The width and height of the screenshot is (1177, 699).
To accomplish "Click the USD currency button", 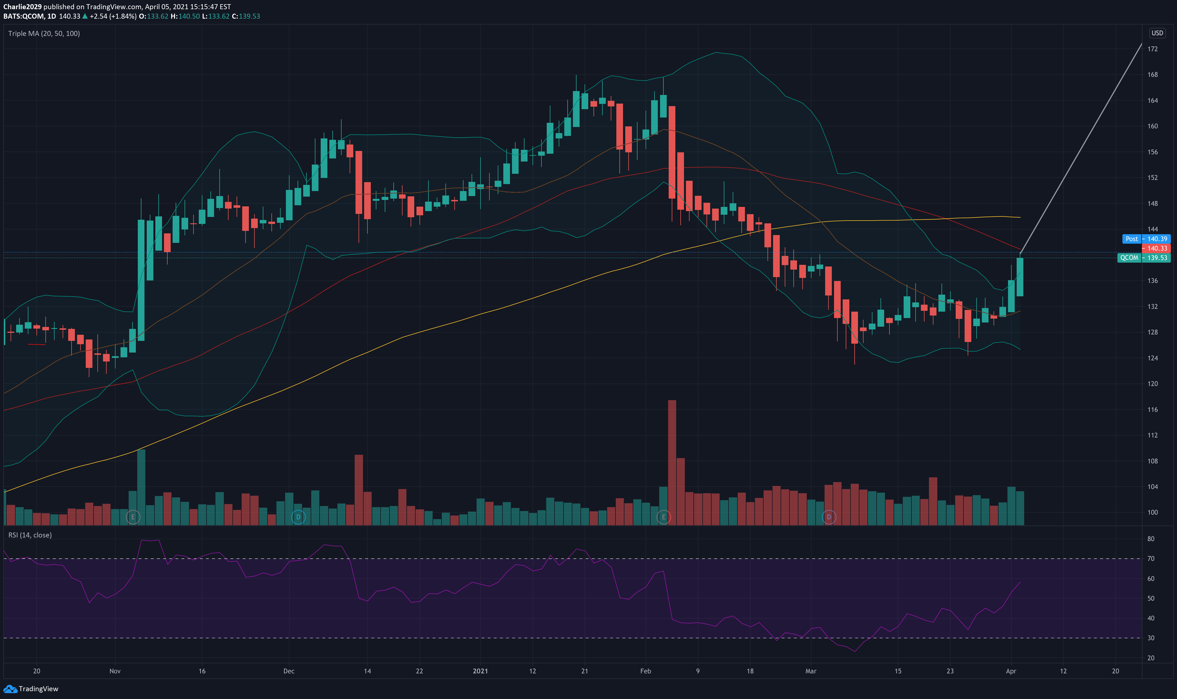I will (x=1157, y=33).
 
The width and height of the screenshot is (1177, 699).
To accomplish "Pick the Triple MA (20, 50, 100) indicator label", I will (x=44, y=33).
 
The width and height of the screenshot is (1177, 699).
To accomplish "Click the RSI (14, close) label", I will (x=30, y=535).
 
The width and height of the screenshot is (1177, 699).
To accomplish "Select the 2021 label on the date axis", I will (x=480, y=671).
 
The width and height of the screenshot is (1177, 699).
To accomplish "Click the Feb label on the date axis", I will (x=646, y=671).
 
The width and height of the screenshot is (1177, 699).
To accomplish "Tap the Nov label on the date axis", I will (x=115, y=671).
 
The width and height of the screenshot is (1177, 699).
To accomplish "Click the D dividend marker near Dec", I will (x=298, y=517).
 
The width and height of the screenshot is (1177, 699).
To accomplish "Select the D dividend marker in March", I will (x=829, y=517).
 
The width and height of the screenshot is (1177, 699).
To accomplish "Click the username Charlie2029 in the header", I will (x=22, y=7).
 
